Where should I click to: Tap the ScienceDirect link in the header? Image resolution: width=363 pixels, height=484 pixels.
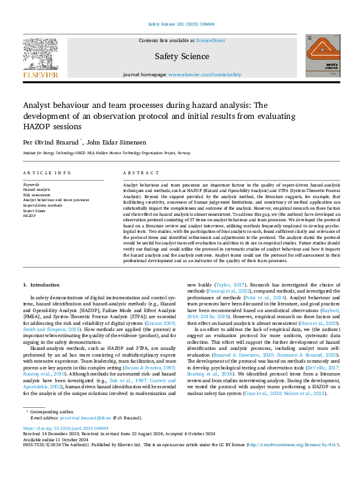[209, 40]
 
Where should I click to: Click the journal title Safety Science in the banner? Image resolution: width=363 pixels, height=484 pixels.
[181, 56]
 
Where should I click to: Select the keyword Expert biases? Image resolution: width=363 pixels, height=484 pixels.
[36, 210]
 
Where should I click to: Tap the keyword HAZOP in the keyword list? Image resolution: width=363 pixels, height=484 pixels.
[29, 216]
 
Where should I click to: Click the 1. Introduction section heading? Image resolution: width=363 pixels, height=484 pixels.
[45, 285]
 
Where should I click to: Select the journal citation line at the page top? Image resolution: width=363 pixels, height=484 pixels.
[181, 24]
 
